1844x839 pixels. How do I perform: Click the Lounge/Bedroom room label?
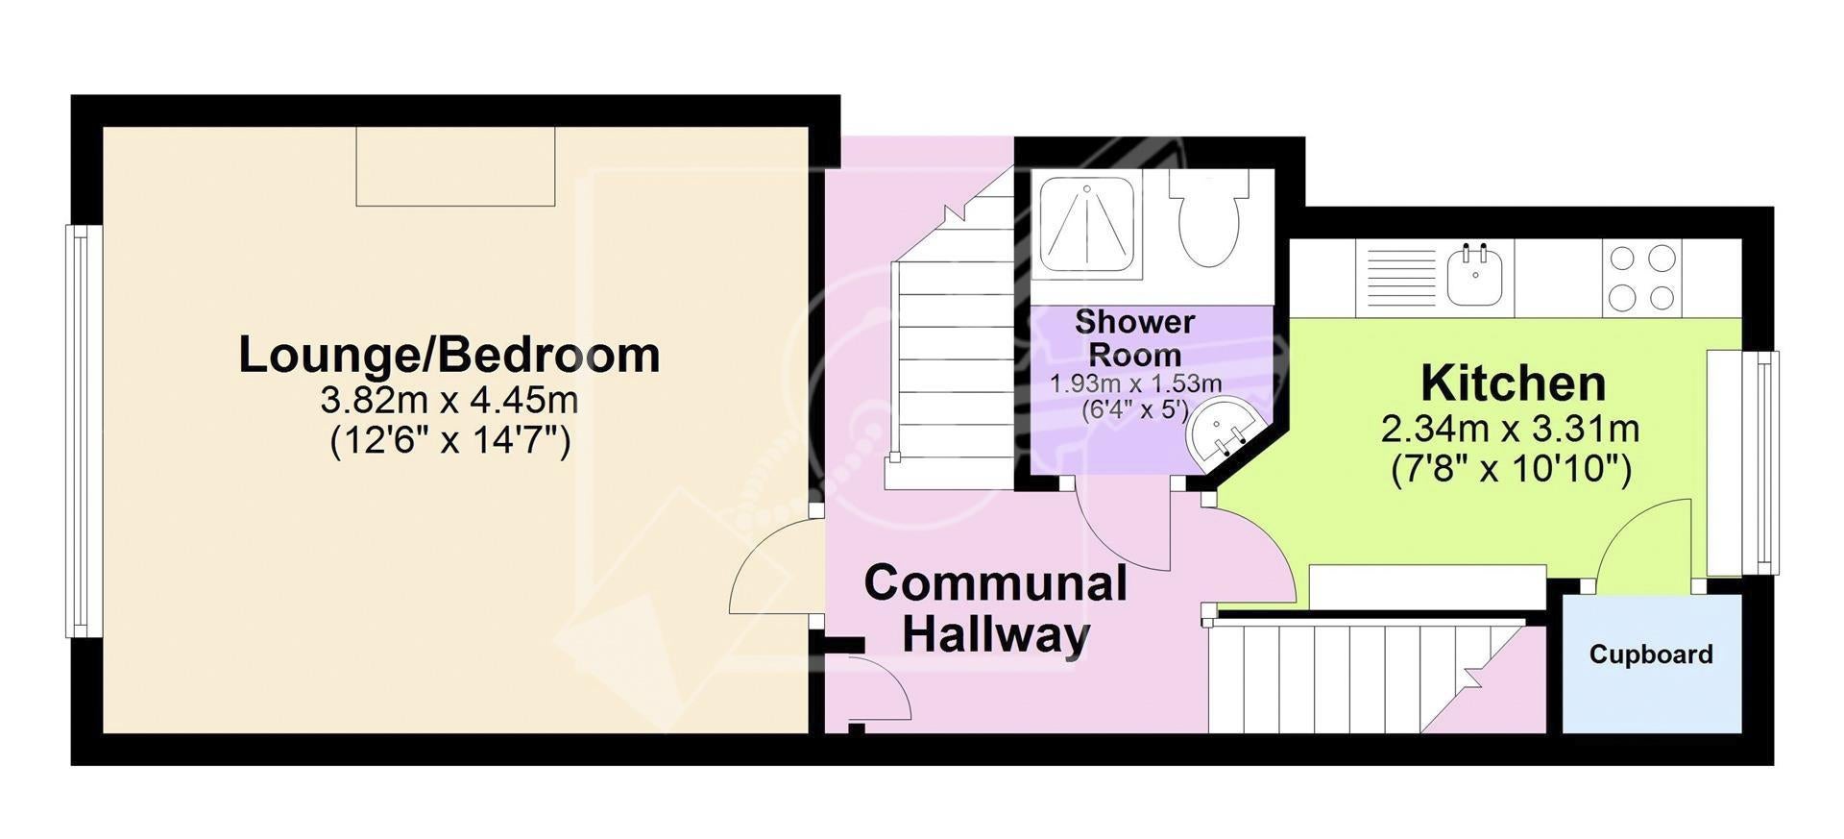[x=449, y=355]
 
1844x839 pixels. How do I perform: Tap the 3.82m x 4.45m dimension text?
[x=449, y=399]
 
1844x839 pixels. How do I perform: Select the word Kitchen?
[x=1513, y=382]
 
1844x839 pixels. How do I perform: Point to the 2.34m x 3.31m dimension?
[x=1510, y=429]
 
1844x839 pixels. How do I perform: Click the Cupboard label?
[x=1651, y=654]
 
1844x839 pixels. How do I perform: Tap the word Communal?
[x=996, y=584]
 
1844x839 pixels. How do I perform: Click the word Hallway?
[x=996, y=634]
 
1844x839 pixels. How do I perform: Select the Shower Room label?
[x=1135, y=337]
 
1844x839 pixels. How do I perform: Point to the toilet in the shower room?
[x=1209, y=218]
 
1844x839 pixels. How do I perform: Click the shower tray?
[x=1087, y=225]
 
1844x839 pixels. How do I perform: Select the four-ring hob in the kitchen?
[x=1642, y=278]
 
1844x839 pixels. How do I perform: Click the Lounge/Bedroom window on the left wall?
[x=84, y=431]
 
